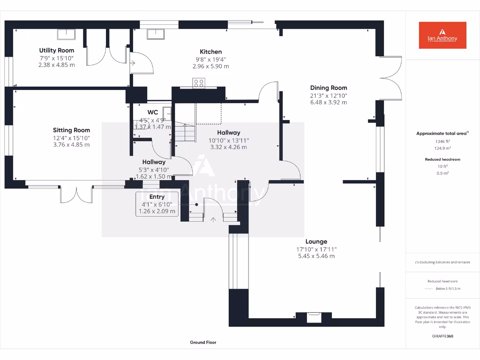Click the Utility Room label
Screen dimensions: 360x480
[56, 50]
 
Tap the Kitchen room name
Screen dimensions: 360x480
[210, 52]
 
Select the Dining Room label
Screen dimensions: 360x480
[328, 88]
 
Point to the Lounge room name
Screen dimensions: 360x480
[316, 242]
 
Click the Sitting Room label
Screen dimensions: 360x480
[71, 130]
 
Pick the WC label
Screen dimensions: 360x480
[153, 112]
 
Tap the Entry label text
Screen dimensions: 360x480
[157, 197]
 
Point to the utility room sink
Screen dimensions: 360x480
[67, 34]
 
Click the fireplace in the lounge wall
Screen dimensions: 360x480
[313, 318]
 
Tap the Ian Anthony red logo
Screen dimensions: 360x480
[442, 35]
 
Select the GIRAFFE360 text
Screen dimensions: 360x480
[442, 336]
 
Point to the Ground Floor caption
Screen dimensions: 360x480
[203, 343]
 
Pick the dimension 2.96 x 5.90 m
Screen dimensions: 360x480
[210, 66]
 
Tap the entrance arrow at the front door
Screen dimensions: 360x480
[214, 219]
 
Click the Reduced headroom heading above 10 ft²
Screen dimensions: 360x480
[442, 159]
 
